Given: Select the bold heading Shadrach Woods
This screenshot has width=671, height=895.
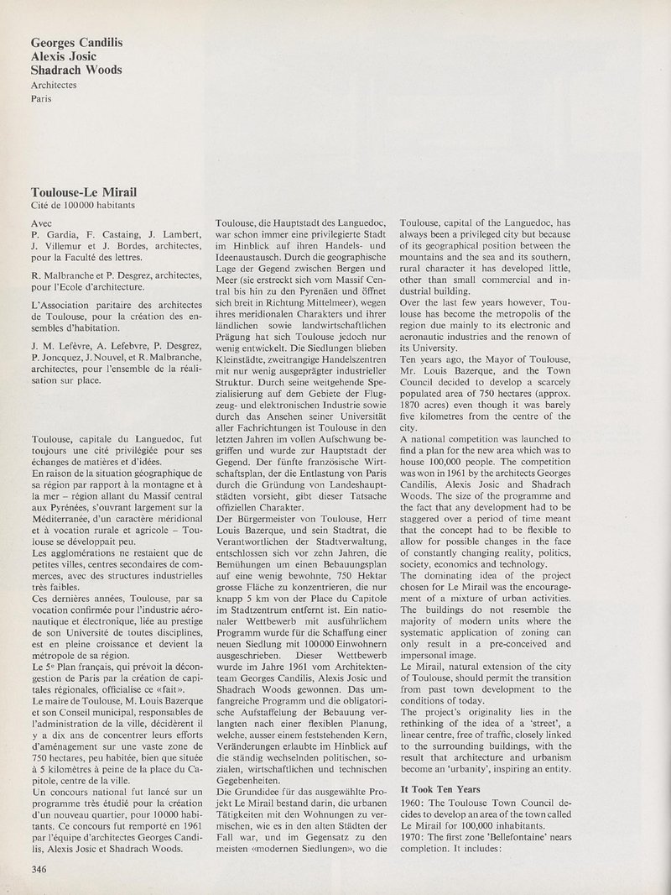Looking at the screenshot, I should click(75, 70).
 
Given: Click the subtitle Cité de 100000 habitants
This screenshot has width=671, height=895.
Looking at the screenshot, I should click(82, 206).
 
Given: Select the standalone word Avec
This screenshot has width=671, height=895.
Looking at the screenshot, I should click(41, 224).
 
